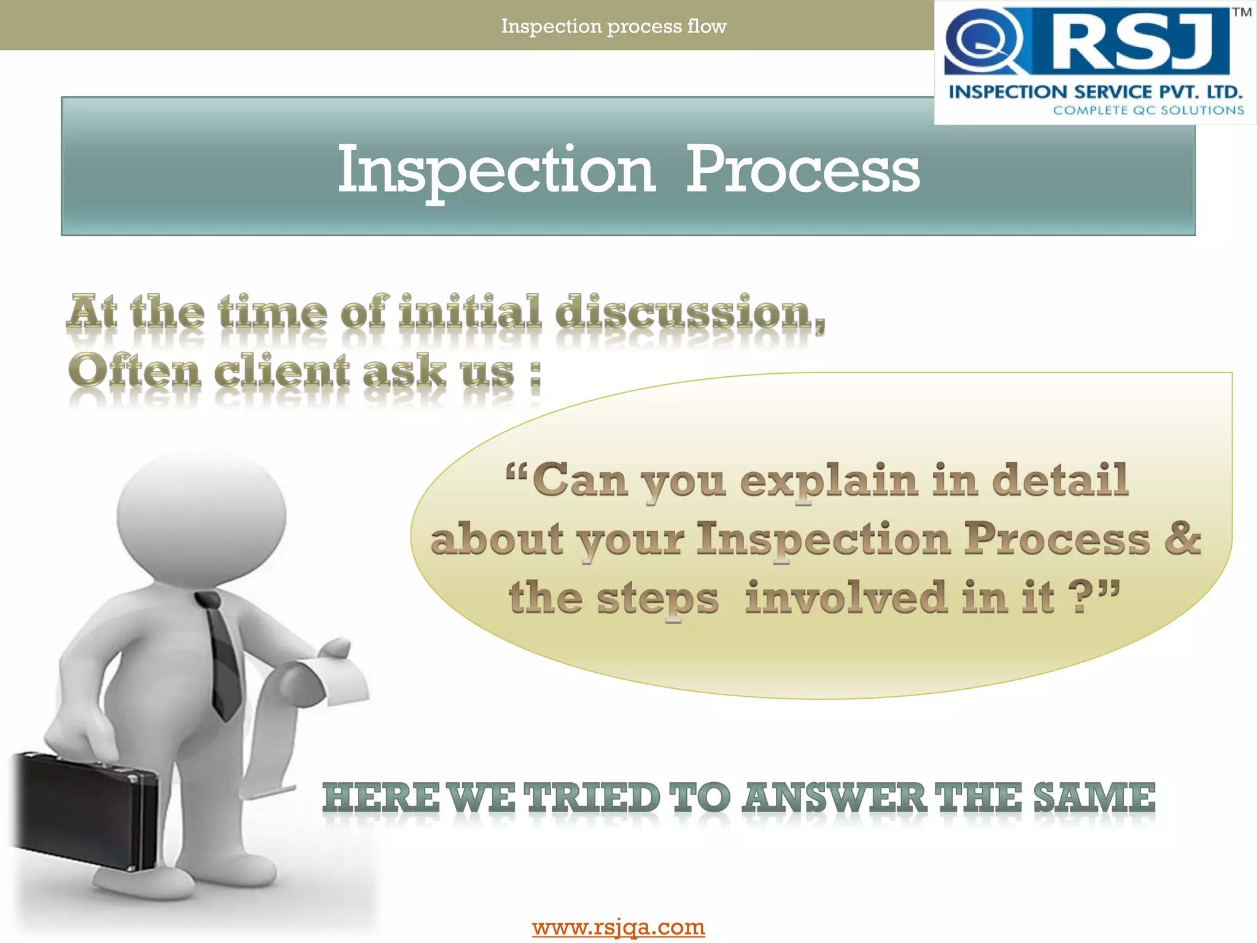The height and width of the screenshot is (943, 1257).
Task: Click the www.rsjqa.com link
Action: click(x=618, y=926)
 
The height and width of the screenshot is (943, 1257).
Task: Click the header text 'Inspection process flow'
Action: click(x=614, y=26)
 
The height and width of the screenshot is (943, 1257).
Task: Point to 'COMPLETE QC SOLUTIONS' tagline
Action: click(x=1148, y=111)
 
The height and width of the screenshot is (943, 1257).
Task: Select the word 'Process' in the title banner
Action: click(x=802, y=170)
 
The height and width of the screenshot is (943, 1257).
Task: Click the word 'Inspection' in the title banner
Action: click(x=496, y=170)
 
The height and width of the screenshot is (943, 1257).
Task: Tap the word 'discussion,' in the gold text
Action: click(x=690, y=312)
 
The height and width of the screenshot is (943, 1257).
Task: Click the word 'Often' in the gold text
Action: click(x=134, y=371)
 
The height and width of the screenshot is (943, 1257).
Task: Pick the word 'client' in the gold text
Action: click(x=282, y=371)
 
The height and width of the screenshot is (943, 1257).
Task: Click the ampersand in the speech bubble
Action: click(x=1182, y=538)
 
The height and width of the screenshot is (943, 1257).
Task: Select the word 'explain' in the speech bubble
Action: click(x=829, y=481)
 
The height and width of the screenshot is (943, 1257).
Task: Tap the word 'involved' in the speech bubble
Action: click(x=846, y=597)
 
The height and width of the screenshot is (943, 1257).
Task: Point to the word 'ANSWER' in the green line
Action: click(x=833, y=797)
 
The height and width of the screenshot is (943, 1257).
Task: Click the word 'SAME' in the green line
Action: click(x=1094, y=797)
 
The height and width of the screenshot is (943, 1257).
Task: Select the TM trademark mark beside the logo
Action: click(x=1242, y=12)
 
